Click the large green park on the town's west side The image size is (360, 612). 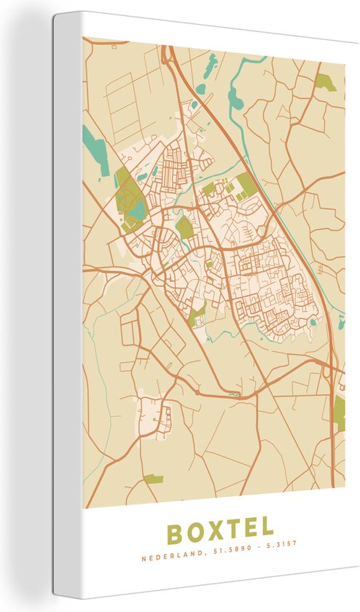click(128, 193)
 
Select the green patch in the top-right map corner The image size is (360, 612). click(325, 82)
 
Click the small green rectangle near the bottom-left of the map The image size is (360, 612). click(153, 479)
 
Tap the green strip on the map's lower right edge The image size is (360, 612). click(339, 412)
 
